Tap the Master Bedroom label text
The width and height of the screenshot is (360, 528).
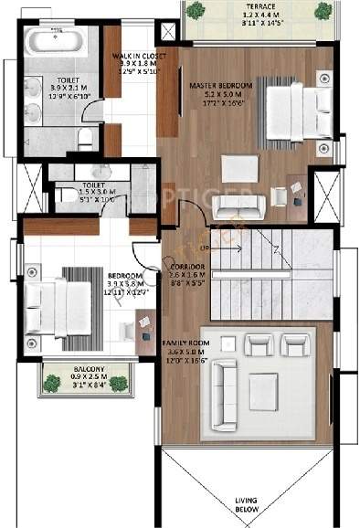[x=216, y=84]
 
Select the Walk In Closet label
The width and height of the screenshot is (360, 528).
[x=137, y=55]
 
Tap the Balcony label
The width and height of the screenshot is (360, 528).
[x=87, y=368]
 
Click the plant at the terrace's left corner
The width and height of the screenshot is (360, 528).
[x=196, y=10]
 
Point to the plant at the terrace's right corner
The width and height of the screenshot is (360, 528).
[x=323, y=10]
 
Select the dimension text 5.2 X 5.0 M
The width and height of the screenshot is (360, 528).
[x=216, y=94]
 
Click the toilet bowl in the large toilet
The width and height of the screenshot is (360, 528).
[x=83, y=139]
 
